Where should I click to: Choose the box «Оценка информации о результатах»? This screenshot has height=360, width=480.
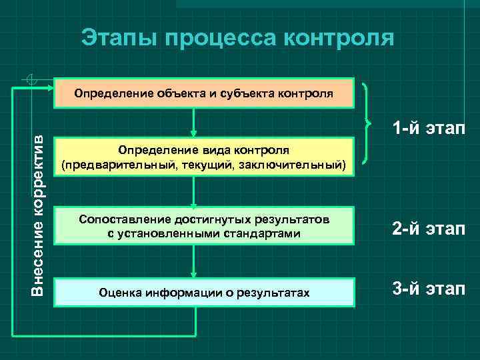204,292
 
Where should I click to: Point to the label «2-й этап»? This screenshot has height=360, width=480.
429,228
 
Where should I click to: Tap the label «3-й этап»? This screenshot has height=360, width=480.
429,289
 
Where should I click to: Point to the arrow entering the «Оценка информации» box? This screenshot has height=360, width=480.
193,261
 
